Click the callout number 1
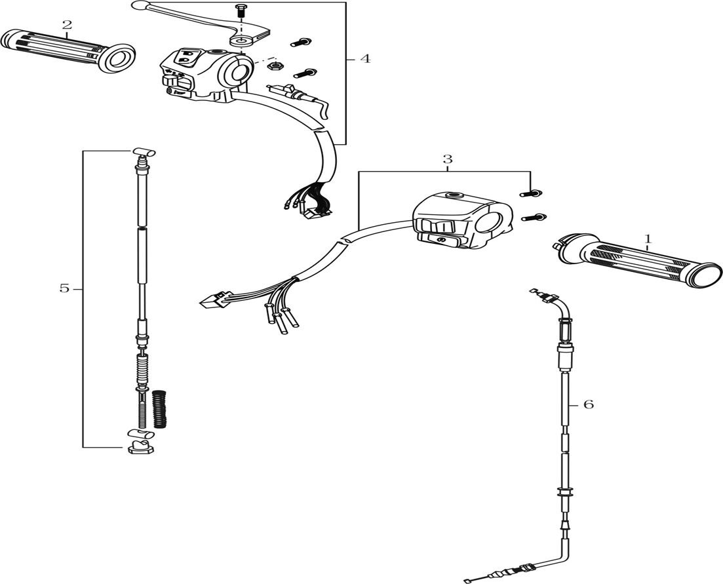648,240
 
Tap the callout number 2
67,26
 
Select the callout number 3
447,159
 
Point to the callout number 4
365,59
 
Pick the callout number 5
64,288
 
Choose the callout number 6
588,405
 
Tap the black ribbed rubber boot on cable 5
160,409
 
